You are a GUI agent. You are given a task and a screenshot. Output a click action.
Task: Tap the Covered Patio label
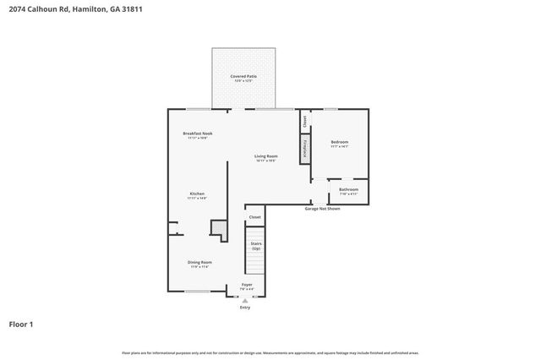coord(243,77)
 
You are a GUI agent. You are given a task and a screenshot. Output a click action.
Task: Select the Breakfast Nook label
coord(197,134)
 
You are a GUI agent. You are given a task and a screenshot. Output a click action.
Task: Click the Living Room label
coord(267,156)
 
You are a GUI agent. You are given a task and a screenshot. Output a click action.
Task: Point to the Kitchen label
coord(196,194)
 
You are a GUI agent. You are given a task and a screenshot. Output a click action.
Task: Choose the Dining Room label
coord(199,263)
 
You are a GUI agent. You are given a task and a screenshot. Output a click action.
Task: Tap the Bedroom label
coord(340,142)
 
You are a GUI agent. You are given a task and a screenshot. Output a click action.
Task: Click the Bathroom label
coord(348,189)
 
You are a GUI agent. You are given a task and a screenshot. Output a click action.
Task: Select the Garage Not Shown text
coord(322,208)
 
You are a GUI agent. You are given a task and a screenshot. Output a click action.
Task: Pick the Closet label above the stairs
coord(254,217)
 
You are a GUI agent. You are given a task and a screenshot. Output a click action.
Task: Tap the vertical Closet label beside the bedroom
coord(303,121)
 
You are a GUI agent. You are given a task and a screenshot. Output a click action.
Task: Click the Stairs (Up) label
coord(255,246)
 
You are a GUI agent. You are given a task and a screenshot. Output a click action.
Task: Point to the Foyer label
coord(247,285)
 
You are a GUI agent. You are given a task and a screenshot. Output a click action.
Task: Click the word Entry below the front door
coord(245,307)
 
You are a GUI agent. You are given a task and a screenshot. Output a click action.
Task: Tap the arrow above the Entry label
coord(245,300)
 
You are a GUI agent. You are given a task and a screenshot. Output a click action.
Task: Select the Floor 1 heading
coord(21,324)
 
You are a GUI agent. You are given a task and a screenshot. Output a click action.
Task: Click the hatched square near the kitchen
coord(218,228)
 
